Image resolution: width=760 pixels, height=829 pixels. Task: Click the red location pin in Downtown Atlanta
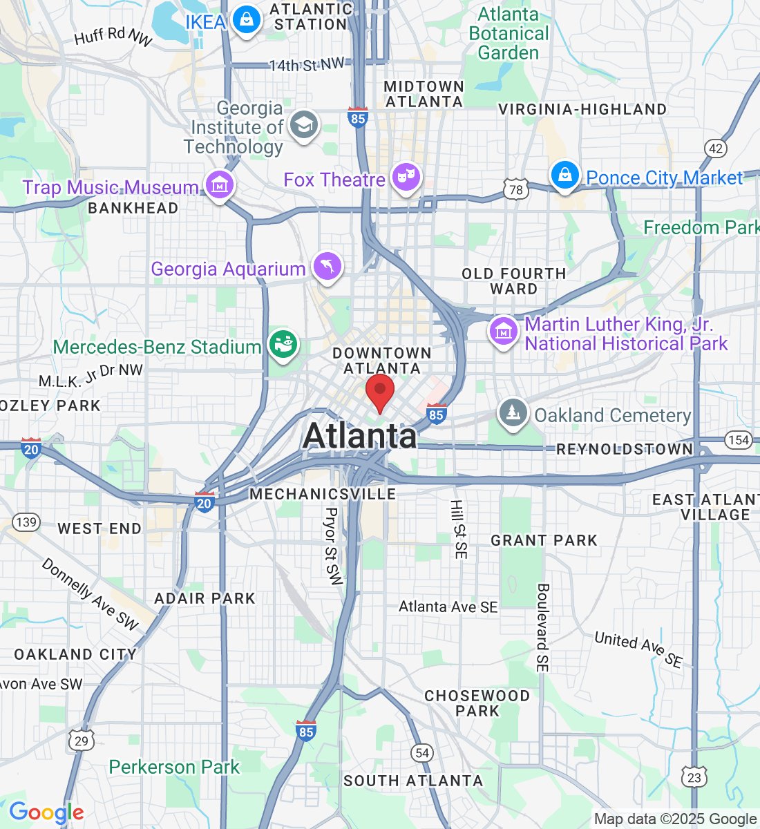(379, 390)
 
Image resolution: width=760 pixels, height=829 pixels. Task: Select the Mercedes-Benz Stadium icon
(283, 343)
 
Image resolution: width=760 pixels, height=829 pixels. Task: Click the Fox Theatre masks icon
(406, 178)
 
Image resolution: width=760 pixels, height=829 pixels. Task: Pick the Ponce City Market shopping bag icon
(564, 175)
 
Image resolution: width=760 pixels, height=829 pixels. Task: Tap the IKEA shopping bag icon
(246, 19)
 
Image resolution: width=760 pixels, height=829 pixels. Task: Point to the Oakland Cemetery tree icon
(513, 413)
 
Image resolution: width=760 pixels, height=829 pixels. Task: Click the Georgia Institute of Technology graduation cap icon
(303, 125)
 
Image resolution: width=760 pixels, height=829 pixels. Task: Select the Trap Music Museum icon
(220, 185)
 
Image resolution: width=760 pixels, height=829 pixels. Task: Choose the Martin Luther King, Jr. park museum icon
(504, 331)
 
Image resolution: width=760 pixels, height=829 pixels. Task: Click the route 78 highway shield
(516, 189)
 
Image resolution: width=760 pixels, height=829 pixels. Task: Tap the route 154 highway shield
(738, 440)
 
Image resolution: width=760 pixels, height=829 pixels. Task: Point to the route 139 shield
(26, 522)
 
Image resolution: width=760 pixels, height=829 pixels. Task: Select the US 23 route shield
(694, 778)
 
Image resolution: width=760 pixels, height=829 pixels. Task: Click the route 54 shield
(422, 753)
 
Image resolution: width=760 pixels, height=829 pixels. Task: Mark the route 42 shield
(716, 148)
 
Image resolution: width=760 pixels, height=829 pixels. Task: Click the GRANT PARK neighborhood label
(544, 540)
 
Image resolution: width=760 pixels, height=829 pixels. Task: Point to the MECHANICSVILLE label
(323, 494)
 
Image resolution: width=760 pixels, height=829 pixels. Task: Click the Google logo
(46, 812)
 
